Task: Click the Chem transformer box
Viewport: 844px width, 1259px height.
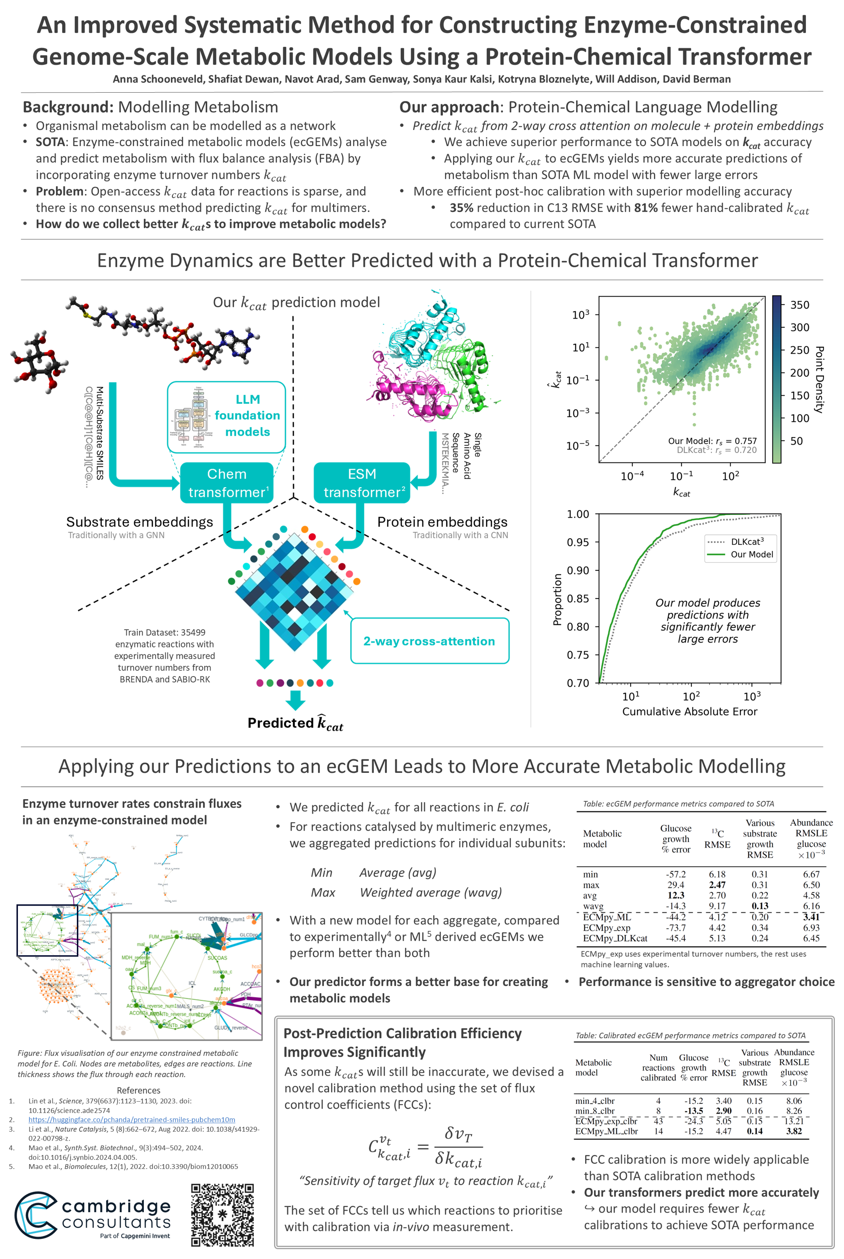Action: click(226, 483)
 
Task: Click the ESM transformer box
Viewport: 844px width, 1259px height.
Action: click(362, 483)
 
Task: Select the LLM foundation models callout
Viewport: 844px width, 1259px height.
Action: click(226, 417)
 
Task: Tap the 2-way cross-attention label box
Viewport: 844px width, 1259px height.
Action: click(429, 640)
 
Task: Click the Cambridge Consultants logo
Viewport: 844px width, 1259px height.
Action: click(93, 1215)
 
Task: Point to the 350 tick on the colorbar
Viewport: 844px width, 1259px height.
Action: click(799, 305)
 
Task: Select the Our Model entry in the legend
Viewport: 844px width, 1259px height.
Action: click(751, 554)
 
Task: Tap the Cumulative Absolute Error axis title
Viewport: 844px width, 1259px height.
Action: click(690, 712)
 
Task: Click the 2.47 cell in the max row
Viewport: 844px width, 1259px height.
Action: click(717, 885)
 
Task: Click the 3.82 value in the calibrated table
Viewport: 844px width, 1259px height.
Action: click(793, 1131)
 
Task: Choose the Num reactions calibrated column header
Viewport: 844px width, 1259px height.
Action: click(658, 1068)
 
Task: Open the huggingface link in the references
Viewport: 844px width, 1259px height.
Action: click(132, 1120)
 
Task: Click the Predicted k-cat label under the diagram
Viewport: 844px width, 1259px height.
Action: click(295, 723)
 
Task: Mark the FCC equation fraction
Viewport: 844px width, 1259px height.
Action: click(458, 1148)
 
